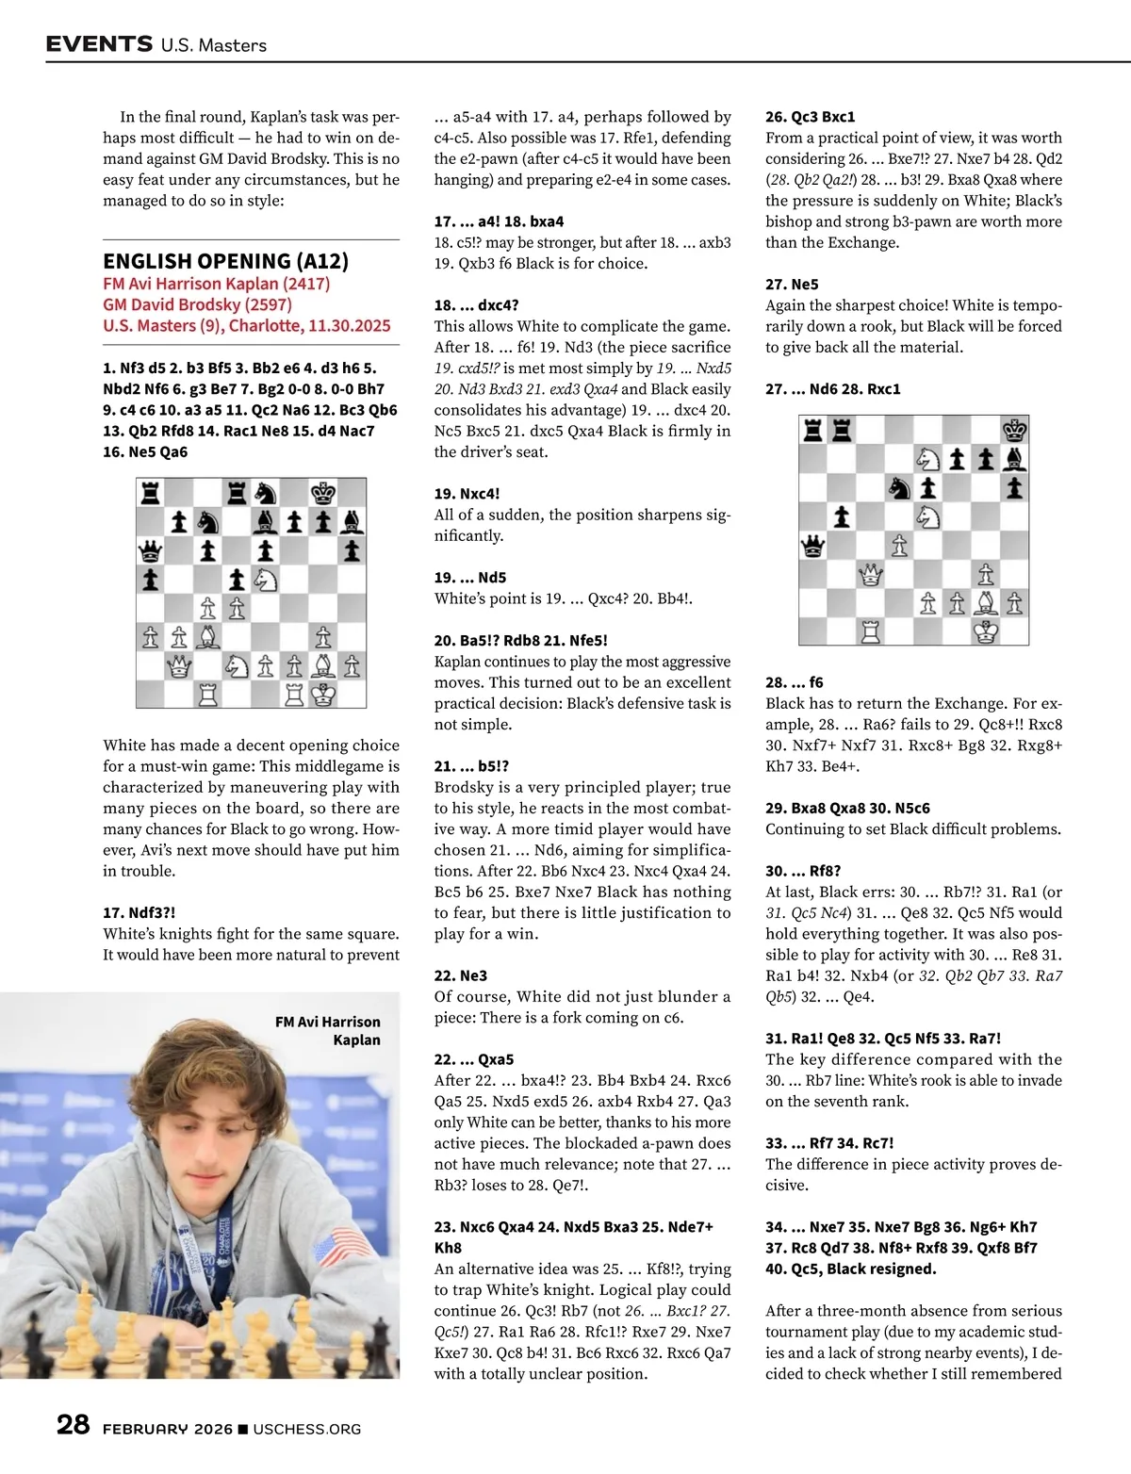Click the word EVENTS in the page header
tap(99, 43)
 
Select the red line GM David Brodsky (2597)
tap(197, 304)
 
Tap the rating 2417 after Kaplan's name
tap(306, 284)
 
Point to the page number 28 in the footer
tap(74, 1424)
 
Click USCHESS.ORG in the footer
tap(307, 1429)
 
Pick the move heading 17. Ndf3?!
tap(139, 912)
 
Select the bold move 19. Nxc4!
tap(467, 493)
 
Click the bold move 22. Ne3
tap(461, 975)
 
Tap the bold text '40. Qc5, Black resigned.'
tap(851, 1269)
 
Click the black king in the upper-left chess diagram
tap(323, 492)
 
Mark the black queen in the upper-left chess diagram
tap(150, 549)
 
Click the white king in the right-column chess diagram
tap(986, 631)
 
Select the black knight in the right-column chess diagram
tap(899, 487)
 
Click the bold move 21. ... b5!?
tap(471, 766)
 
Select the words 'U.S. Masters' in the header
tap(214, 45)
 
